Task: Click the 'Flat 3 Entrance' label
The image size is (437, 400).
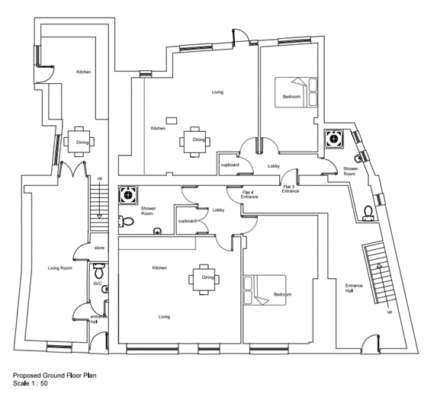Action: [x=290, y=189]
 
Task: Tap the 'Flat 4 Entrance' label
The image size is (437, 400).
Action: [x=249, y=194]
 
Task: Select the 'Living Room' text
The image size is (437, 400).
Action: [x=60, y=268]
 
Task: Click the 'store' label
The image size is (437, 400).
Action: [x=99, y=248]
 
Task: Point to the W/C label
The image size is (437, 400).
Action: [x=98, y=283]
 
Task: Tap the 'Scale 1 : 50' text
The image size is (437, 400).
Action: [x=31, y=383]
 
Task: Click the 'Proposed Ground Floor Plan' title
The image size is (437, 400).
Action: [x=55, y=376]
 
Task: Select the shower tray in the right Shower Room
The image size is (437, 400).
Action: [x=333, y=139]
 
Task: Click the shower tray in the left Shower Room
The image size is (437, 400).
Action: [x=128, y=195]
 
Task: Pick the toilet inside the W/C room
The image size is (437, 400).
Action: [x=98, y=270]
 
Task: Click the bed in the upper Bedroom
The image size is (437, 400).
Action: [x=296, y=92]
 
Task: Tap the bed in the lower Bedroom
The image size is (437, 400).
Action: [x=265, y=290]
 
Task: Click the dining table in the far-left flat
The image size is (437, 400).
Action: [x=79, y=142]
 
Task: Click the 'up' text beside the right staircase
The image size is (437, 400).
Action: [x=390, y=312]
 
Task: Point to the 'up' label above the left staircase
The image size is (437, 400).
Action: [x=99, y=178]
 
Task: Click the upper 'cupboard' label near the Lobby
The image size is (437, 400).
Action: [x=230, y=165]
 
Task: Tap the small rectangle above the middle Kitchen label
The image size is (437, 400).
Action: [x=172, y=121]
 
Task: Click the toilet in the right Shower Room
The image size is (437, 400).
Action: [x=368, y=213]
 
